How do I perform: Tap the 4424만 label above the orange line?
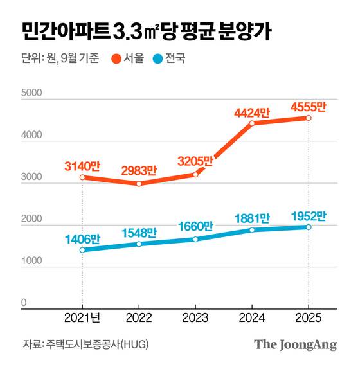click(x=252, y=112)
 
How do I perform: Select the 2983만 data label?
click(x=139, y=170)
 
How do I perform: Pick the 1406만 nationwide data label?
click(x=82, y=238)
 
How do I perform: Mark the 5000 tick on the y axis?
click(x=32, y=93)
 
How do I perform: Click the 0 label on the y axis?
click(x=24, y=302)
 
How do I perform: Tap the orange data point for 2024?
click(x=252, y=123)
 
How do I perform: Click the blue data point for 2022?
click(x=139, y=244)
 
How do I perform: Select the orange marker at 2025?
click(x=309, y=118)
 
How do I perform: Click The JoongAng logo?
click(x=295, y=344)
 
